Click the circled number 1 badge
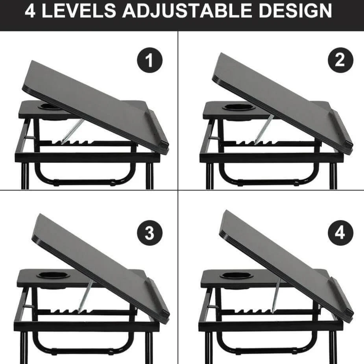pyautogui.click(x=150, y=61)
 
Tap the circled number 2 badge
pyautogui.click(x=340, y=60)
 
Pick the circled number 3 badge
pyautogui.click(x=150, y=234)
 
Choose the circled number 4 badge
pyautogui.click(x=340, y=233)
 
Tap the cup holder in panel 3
pyautogui.click(x=53, y=275)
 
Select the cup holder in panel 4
pyautogui.click(x=236, y=275)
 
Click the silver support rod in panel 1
pyautogui.click(x=73, y=131)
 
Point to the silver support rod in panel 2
pyautogui.click(x=264, y=129)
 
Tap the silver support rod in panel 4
pyautogui.click(x=275, y=295)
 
